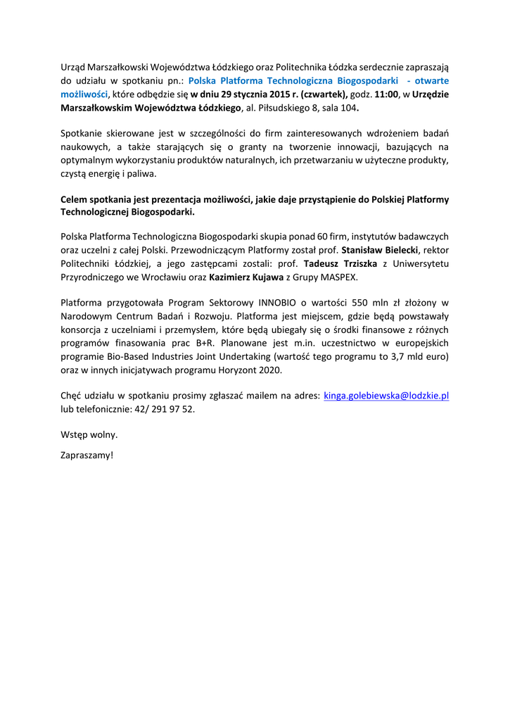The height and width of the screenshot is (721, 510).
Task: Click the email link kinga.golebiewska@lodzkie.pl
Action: [385, 396]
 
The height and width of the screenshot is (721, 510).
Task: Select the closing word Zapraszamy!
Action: [87, 455]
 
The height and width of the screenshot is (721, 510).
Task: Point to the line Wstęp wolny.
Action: [89, 434]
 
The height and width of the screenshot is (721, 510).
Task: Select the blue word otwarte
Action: [430, 80]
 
